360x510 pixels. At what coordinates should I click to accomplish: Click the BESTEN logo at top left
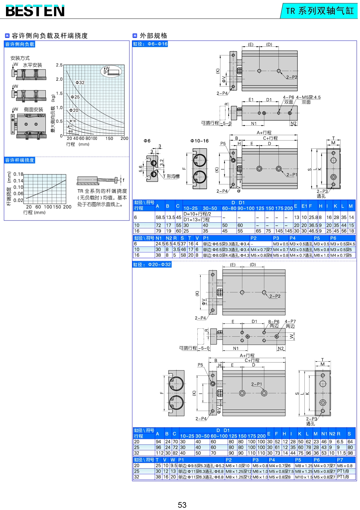click(35, 11)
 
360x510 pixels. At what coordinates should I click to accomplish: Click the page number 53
click(182, 505)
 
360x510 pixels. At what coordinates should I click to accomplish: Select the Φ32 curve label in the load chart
click(80, 82)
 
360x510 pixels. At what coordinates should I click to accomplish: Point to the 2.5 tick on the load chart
click(59, 65)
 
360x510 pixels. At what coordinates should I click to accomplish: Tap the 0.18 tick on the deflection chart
click(18, 174)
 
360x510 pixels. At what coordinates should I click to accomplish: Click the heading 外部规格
click(153, 36)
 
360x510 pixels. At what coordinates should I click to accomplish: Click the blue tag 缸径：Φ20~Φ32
click(152, 264)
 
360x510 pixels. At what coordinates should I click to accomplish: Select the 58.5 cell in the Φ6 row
click(160, 217)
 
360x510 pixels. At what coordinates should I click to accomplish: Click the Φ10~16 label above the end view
click(199, 141)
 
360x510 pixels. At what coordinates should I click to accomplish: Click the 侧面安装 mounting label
click(33, 110)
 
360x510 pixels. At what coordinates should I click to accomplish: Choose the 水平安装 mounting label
click(32, 65)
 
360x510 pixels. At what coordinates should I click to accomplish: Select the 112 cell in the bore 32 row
click(159, 453)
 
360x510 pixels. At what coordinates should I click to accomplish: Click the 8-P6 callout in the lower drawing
click(274, 321)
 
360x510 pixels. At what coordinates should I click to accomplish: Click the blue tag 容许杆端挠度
click(20, 160)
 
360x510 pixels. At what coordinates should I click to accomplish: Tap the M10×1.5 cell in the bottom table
click(303, 477)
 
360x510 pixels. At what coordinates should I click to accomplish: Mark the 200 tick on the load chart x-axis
click(124, 138)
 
